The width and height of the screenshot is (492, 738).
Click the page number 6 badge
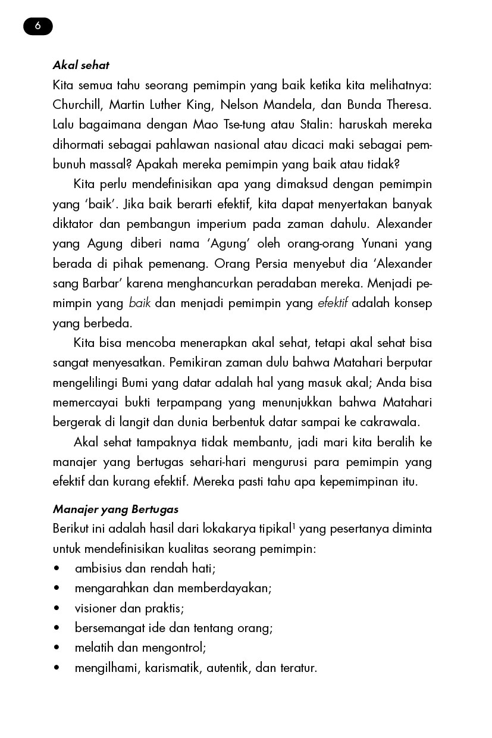tap(38, 26)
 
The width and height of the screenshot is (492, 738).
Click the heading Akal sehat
tap(81, 65)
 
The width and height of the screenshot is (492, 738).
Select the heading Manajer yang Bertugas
tap(115, 509)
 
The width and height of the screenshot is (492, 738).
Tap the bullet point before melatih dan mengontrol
tap(57, 648)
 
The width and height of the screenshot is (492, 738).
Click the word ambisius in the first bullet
tap(96, 568)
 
